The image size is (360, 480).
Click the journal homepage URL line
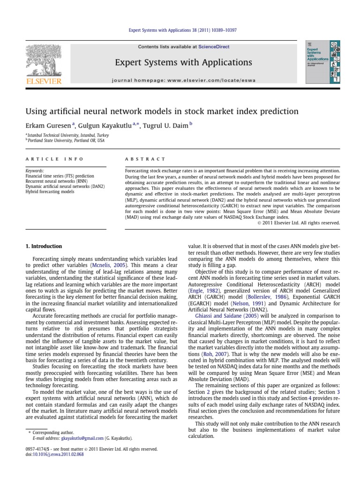click(x=184, y=80)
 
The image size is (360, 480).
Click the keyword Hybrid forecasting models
click(x=52, y=192)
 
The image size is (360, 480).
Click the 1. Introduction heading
click(x=43, y=246)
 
